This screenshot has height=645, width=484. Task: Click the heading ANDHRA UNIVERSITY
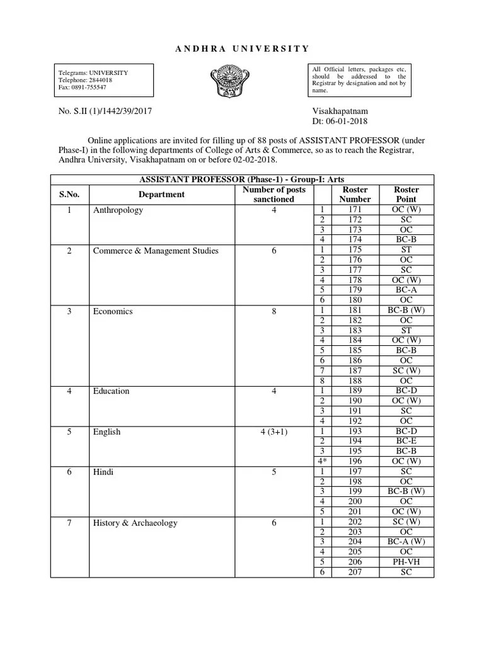(x=241, y=48)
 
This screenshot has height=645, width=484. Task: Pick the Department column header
(x=161, y=195)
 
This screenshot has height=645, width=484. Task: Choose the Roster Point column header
(x=406, y=194)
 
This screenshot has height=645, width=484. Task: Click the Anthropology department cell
(x=118, y=210)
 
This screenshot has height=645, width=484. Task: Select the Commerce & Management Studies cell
(x=156, y=251)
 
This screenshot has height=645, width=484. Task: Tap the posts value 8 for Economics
(x=274, y=311)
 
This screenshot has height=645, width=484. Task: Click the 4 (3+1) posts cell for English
(x=274, y=432)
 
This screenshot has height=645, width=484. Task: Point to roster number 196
(x=355, y=462)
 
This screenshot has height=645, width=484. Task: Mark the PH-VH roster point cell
(x=406, y=562)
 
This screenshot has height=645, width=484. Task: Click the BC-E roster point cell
(x=406, y=442)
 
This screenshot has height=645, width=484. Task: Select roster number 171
(x=355, y=210)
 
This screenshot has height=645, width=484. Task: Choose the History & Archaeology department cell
(x=135, y=523)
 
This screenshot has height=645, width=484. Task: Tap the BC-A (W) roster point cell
(x=406, y=542)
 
